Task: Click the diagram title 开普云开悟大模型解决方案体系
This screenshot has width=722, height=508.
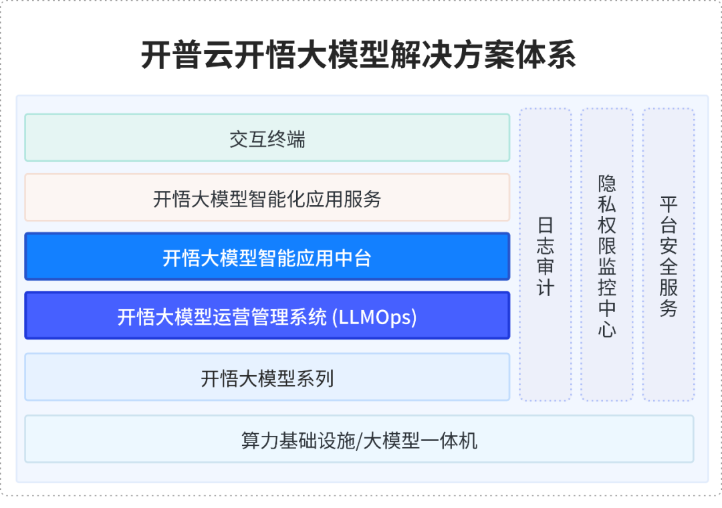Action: [x=358, y=55]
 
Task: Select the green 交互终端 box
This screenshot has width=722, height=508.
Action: [x=267, y=138]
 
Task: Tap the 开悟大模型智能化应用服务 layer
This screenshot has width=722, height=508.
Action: [x=267, y=198]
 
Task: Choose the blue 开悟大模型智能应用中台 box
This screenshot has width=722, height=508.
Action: [x=267, y=257]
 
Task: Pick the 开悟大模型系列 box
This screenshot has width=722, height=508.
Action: [x=267, y=377]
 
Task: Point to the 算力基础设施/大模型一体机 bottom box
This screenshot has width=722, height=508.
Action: [x=359, y=439]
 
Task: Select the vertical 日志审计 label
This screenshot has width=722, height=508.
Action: [x=546, y=257]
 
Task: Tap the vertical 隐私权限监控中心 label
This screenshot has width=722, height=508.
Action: [x=607, y=256]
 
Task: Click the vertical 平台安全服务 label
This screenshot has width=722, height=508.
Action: [x=669, y=257]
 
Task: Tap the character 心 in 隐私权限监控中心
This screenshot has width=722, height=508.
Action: [x=607, y=329]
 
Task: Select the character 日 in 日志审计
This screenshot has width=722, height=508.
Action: [x=546, y=225]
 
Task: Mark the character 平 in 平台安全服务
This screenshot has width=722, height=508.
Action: [x=669, y=205]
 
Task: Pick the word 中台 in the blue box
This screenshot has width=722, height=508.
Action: [x=353, y=258]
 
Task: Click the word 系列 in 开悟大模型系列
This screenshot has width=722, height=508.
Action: [x=315, y=378]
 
